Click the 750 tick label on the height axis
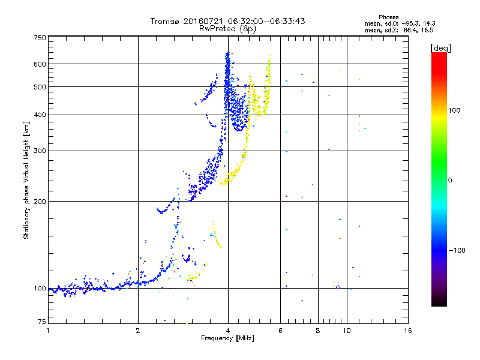[40, 38]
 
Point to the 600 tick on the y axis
[40, 64]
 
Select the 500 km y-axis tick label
[40, 86]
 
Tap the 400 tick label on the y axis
[40, 115]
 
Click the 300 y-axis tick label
[40, 151]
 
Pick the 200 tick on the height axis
[40, 201]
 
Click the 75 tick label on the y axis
[41, 323]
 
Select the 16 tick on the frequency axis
[407, 331]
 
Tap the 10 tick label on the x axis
[346, 331]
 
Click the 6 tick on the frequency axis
[280, 331]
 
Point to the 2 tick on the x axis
[138, 331]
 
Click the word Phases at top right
[389, 17]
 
